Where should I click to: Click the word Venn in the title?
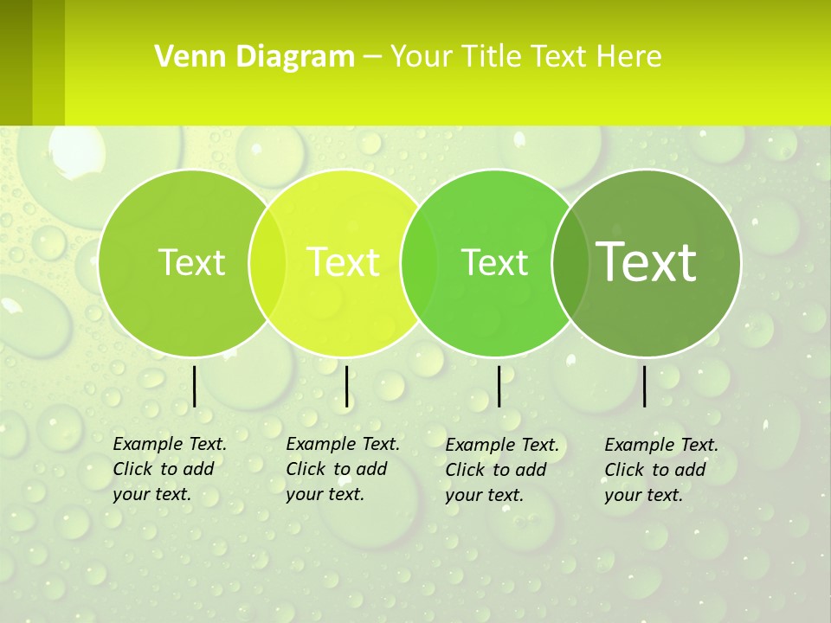(x=184, y=57)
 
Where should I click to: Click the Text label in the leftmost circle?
(x=191, y=262)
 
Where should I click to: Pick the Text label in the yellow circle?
(x=344, y=262)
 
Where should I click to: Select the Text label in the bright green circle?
(x=494, y=262)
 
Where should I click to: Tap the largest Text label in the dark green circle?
(x=647, y=262)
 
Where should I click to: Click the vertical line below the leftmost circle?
(x=194, y=386)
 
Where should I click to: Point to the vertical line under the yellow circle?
(x=346, y=386)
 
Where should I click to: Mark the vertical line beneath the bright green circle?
(x=499, y=386)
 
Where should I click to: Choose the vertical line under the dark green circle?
(x=645, y=386)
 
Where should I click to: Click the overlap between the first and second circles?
(x=267, y=263)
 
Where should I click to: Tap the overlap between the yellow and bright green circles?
(x=419, y=263)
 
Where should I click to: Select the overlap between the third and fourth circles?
(x=570, y=263)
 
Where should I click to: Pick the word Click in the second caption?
(x=305, y=469)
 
